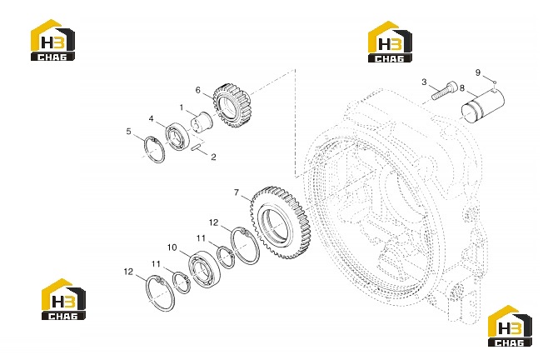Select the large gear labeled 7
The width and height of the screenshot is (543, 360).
(279, 222)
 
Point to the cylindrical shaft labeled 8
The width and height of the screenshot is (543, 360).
(483, 106)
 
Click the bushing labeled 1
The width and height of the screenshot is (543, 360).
(202, 122)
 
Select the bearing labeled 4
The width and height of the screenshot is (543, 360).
(177, 136)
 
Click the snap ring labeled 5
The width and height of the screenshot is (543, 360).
(154, 149)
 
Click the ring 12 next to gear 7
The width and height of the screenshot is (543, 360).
(245, 245)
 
